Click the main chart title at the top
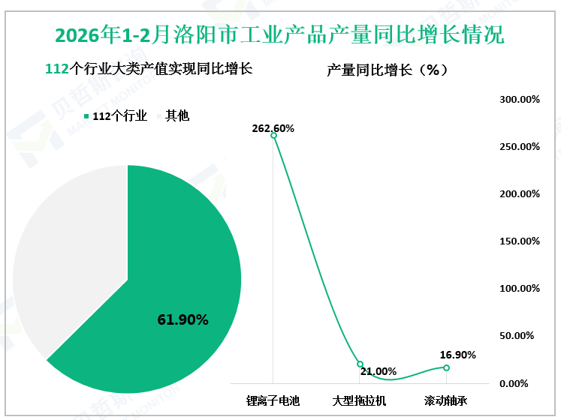[x=280, y=35]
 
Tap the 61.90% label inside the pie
[x=182, y=319]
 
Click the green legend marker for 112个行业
[x=86, y=115]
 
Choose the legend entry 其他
[x=177, y=115]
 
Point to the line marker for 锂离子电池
[x=273, y=135]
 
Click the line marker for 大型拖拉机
[x=360, y=364]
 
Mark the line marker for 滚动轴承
[x=446, y=367]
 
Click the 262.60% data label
[x=273, y=128]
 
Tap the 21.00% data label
[x=378, y=371]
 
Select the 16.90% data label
[x=458, y=355]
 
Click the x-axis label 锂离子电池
[x=273, y=401]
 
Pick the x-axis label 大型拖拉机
[x=360, y=401]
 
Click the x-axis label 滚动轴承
[x=446, y=401]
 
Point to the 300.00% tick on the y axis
[x=520, y=100]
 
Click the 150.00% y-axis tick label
[x=520, y=241]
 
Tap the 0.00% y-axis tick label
[x=520, y=383]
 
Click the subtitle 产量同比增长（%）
[x=388, y=70]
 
